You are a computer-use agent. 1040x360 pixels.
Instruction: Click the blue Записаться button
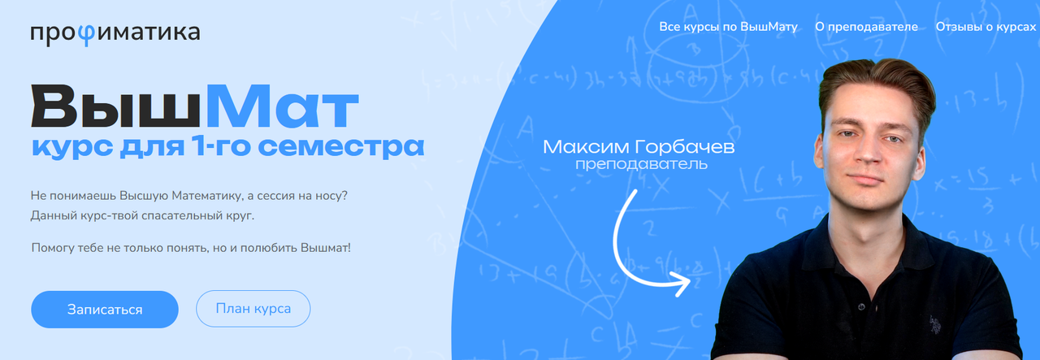pos(105,310)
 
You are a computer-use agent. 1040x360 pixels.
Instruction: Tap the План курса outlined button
pos(253,309)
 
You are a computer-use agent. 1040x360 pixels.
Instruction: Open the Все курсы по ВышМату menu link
pos(729,27)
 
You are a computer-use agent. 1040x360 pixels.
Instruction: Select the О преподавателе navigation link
pos(866,27)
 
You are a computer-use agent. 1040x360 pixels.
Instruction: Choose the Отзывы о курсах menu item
pos(986,27)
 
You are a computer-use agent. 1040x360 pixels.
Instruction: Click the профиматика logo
pos(115,33)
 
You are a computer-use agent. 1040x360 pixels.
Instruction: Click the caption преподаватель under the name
pos(641,165)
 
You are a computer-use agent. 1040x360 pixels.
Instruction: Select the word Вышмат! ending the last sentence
pos(326,245)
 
